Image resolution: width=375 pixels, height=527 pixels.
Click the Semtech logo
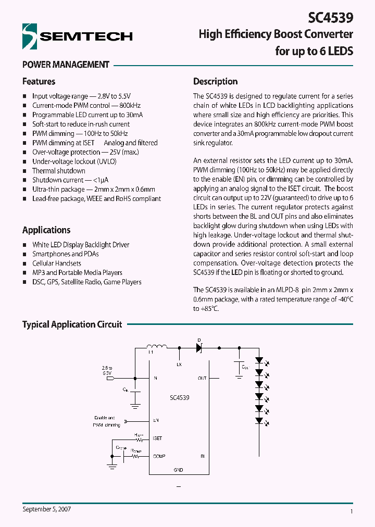coord(77,36)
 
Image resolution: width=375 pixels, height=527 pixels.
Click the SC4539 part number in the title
coord(331,17)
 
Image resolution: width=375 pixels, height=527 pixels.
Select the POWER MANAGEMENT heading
coord(66,65)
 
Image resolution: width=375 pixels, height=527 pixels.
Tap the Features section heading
coord(39,81)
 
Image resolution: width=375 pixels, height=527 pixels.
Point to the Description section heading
coord(215,81)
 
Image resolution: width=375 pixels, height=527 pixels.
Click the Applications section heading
coord(46,230)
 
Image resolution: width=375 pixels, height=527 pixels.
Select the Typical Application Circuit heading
coord(72,324)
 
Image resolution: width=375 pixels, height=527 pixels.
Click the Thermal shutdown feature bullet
coord(58,171)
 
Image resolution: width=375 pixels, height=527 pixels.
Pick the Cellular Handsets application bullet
coord(57,263)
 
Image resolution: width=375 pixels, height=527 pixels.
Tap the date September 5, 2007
coord(47,509)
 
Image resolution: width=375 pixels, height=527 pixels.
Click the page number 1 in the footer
coord(352,512)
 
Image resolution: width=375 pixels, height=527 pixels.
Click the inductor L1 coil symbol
coord(156,347)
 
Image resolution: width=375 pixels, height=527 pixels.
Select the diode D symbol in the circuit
coord(199,348)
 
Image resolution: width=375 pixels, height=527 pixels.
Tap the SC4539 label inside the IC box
coord(179,397)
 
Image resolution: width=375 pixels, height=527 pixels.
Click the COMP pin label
coord(159,457)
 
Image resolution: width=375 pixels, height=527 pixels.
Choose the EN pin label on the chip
coord(156,420)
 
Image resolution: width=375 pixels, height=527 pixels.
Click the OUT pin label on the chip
coord(202,378)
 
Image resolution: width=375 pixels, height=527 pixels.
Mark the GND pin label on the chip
coord(178,470)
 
